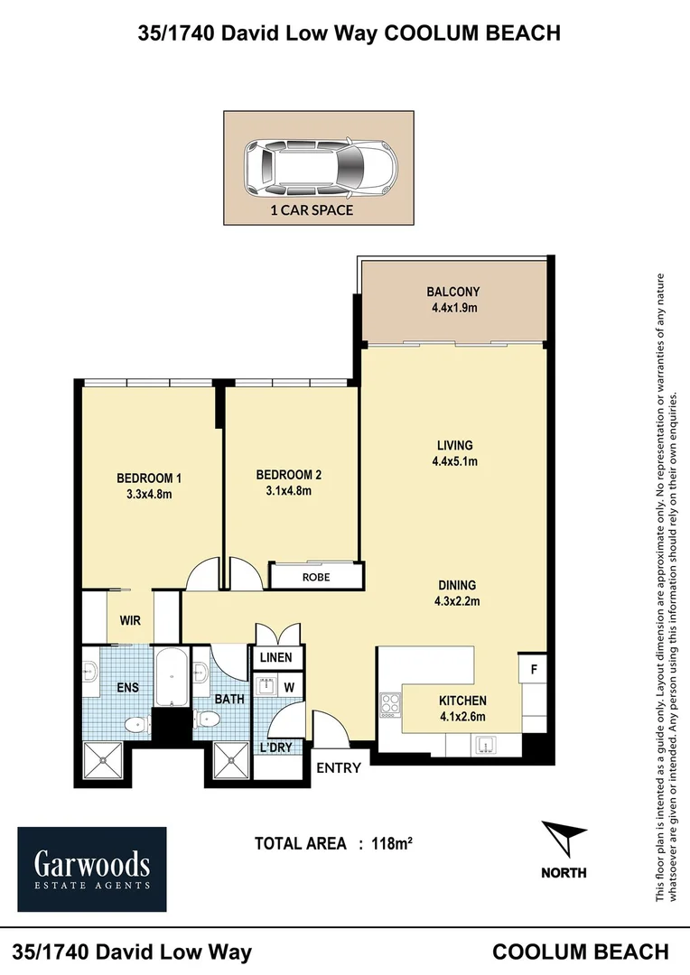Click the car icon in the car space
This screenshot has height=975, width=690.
(x=321, y=167)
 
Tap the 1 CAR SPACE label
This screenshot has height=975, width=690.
(x=312, y=210)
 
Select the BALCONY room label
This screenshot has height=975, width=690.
(x=453, y=292)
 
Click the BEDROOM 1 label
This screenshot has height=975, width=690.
(x=149, y=478)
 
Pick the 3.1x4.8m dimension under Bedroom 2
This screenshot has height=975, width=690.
(x=289, y=490)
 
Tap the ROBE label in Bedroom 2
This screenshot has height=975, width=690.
(x=316, y=577)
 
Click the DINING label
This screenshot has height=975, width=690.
(x=457, y=585)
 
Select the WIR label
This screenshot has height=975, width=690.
(x=130, y=620)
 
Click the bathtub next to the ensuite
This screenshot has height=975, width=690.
(x=171, y=677)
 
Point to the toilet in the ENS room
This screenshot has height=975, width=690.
(x=137, y=725)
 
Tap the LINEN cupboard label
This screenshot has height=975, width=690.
(x=276, y=658)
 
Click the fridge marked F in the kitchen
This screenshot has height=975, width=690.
(x=533, y=670)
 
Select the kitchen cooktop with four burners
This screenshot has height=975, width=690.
(x=391, y=705)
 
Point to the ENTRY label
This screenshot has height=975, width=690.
(x=339, y=768)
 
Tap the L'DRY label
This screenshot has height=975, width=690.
(x=275, y=747)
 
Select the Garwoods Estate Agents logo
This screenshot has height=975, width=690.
(x=92, y=869)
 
